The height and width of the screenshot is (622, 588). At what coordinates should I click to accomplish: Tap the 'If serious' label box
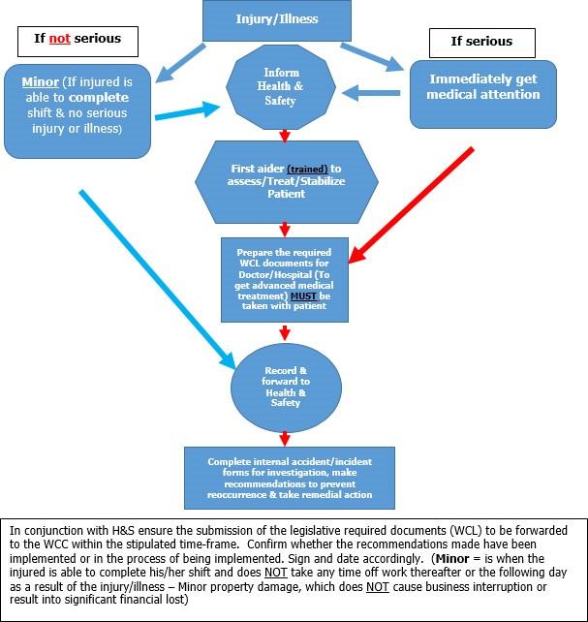pyautogui.click(x=481, y=42)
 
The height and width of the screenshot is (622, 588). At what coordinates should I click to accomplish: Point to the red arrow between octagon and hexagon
pyautogui.click(x=284, y=135)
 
